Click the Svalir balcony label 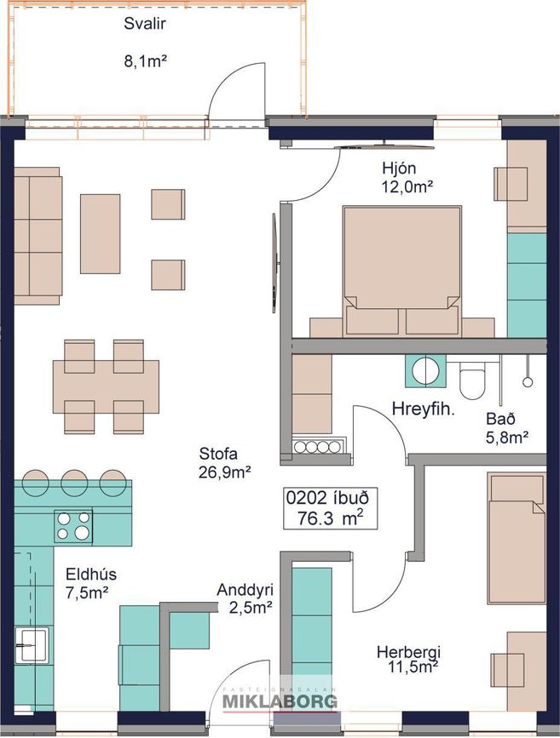click(145, 24)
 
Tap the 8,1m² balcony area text click(146, 61)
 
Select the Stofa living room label click(218, 454)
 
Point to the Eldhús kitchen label click(91, 575)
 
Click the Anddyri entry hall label click(245, 590)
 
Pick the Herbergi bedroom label click(408, 652)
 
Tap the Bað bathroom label click(500, 419)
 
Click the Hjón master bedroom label click(399, 168)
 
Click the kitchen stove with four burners click(73, 525)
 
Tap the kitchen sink click(32, 645)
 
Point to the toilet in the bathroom click(472, 380)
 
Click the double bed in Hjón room click(402, 271)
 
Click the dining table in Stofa click(106, 387)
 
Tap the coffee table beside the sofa click(100, 234)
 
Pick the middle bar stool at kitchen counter click(74, 482)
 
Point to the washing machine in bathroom click(425, 371)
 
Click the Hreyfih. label click(424, 409)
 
